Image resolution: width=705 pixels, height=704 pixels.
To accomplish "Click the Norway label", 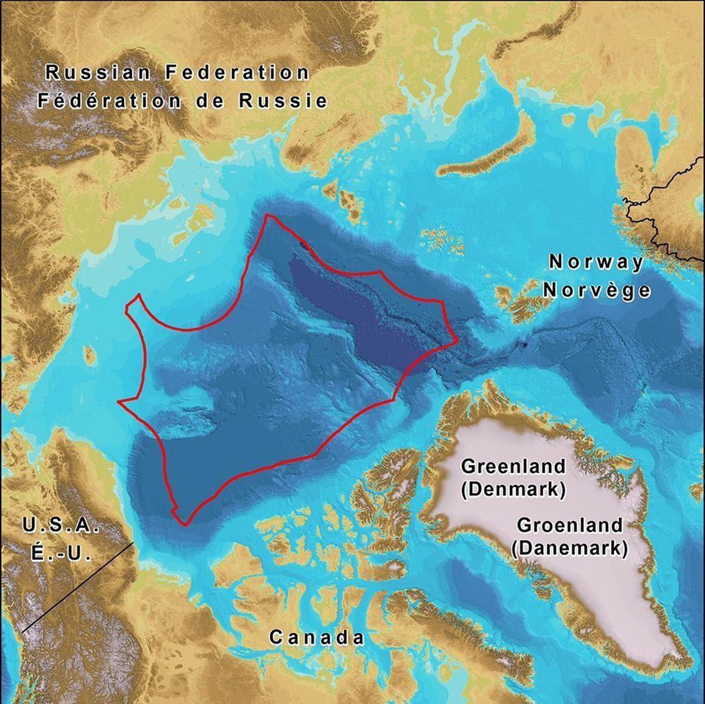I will [x=596, y=262].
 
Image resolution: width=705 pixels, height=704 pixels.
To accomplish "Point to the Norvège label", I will [x=597, y=290].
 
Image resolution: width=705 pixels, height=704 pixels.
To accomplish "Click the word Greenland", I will [x=513, y=467].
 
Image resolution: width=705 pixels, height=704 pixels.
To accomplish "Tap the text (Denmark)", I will [x=513, y=489].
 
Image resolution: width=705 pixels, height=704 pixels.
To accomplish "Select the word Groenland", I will [x=568, y=524].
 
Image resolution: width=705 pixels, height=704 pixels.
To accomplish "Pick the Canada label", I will [x=317, y=637].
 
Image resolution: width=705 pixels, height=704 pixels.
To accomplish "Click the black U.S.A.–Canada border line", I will [x=76, y=587].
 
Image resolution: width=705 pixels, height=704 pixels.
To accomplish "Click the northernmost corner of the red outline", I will [x=267, y=215].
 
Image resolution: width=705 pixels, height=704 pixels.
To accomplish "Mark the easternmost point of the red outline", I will [x=458, y=340].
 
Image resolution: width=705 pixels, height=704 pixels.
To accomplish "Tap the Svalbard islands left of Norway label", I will [x=517, y=299].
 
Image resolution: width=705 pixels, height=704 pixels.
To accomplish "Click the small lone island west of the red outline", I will [x=90, y=355].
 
